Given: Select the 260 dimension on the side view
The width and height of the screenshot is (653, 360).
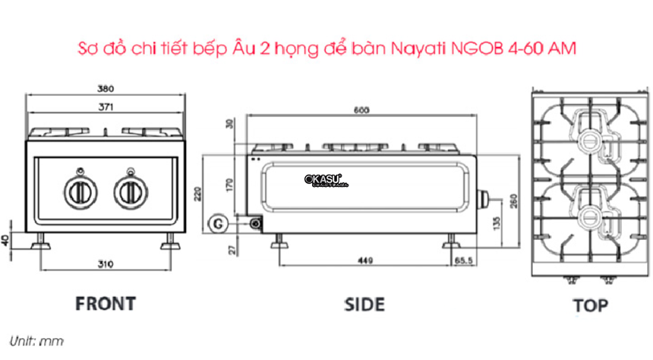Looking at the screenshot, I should coord(513,203).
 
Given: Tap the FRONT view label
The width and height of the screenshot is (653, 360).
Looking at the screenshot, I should coord(105,303).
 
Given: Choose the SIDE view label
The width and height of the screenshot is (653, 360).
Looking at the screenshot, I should coord(364,304).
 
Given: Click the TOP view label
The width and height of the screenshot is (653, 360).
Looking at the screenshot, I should coord(590,305).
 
